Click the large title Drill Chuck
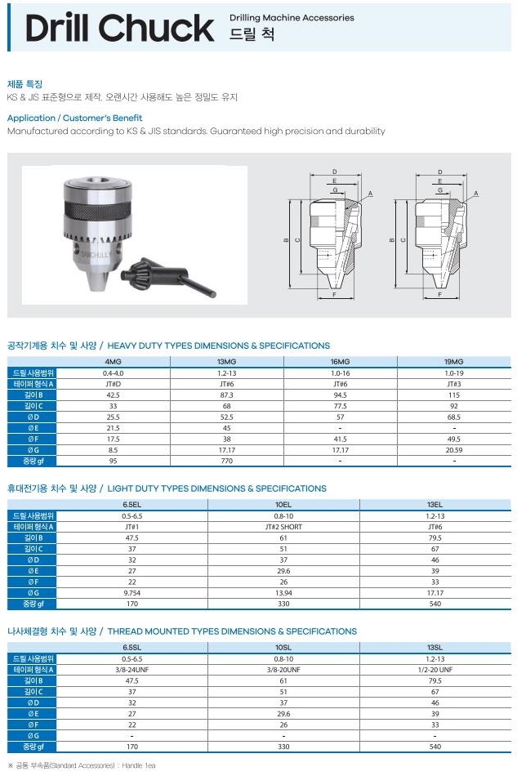point(120,28)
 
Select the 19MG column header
point(453,362)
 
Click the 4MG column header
point(114,362)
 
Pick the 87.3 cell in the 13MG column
point(226,395)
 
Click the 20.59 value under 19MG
point(453,450)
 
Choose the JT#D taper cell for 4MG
point(114,384)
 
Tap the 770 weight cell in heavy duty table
point(226,461)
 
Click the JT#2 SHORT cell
point(283,527)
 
